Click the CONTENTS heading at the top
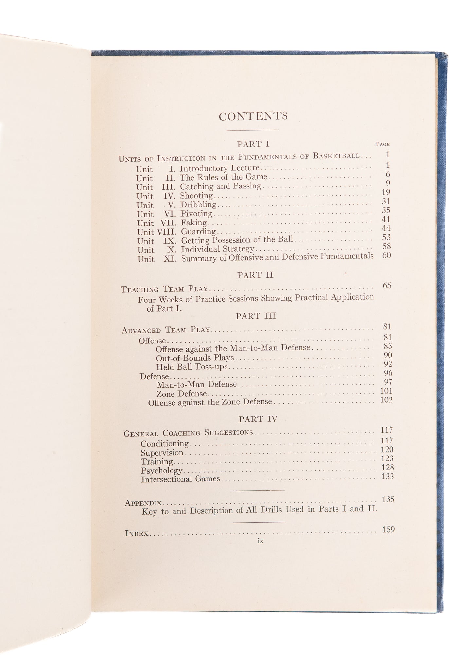click(253, 116)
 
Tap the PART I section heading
click(253, 144)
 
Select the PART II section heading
click(255, 275)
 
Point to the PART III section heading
click(256, 316)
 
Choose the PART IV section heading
click(258, 419)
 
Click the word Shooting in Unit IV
click(196, 196)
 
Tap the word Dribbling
click(198, 205)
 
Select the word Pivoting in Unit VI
click(196, 214)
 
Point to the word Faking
click(194, 223)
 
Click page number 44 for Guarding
click(386, 228)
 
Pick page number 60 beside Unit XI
click(386, 255)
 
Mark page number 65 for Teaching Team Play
click(387, 285)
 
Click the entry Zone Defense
click(182, 393)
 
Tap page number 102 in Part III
click(386, 400)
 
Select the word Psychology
click(162, 471)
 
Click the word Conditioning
click(165, 444)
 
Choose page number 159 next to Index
click(388, 529)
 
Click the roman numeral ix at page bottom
click(260, 541)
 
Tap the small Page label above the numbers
click(382, 144)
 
